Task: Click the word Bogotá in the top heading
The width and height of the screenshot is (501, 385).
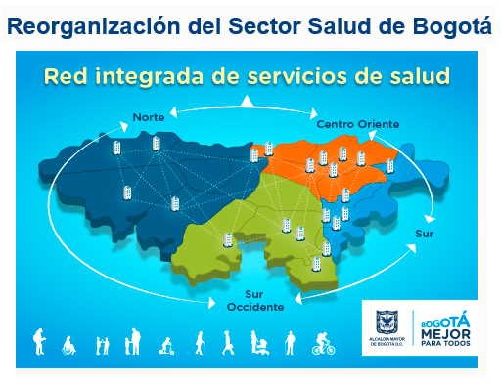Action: [452, 26]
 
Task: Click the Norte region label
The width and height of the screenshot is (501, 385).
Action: [149, 117]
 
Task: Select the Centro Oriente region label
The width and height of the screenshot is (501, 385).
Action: [358, 124]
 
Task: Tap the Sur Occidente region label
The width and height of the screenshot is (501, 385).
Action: [255, 301]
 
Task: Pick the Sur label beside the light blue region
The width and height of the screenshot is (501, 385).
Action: [425, 234]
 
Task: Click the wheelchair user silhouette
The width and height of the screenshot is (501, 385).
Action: [69, 345]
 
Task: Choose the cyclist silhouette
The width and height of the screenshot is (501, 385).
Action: [323, 344]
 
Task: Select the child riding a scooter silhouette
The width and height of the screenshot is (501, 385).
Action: [166, 346]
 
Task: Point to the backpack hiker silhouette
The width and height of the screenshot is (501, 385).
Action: [39, 341]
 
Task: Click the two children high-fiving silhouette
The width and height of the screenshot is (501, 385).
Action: [103, 346]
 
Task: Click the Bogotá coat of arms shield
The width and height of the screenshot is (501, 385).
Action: [387, 321]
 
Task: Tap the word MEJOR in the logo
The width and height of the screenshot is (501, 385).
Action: [445, 334]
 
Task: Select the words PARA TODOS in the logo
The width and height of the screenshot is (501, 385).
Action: [445, 343]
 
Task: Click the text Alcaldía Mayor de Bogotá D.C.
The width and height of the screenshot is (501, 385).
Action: [387, 342]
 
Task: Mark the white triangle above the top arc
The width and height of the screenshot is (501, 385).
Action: [247, 101]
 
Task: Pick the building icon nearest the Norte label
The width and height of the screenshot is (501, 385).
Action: [157, 144]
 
